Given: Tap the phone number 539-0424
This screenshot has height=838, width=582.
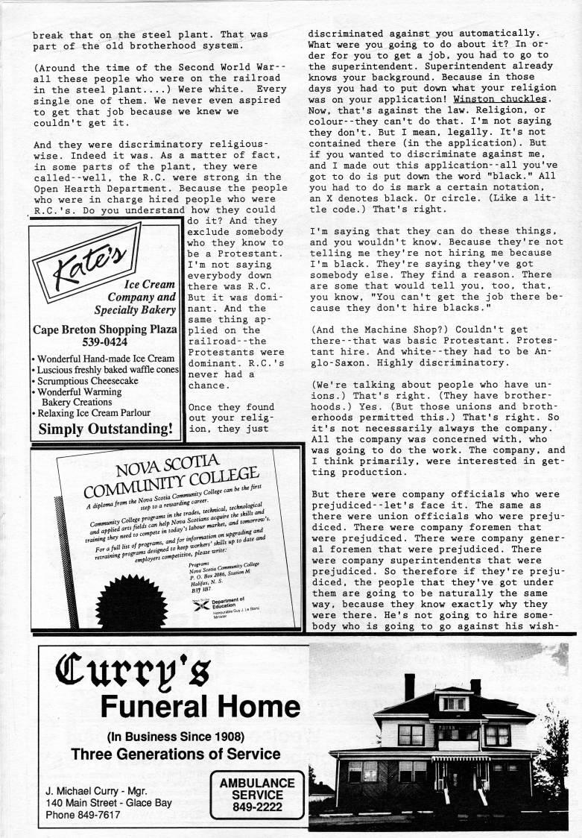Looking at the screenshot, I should click(x=104, y=343).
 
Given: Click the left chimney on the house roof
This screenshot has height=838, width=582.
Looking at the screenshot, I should click(x=408, y=685).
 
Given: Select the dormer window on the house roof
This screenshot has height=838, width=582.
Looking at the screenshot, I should click(x=454, y=702).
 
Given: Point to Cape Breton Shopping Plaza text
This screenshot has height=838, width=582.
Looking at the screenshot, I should click(x=104, y=330).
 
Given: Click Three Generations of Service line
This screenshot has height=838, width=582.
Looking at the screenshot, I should click(x=176, y=754).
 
